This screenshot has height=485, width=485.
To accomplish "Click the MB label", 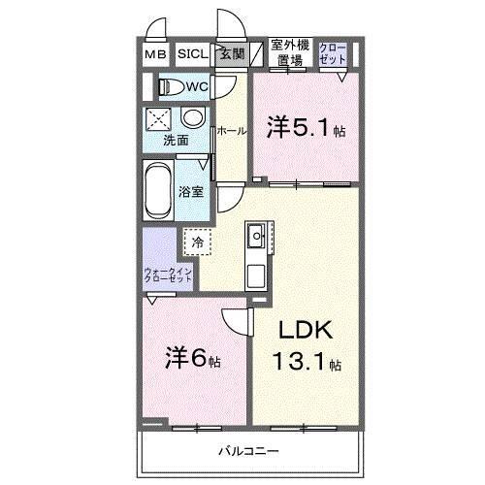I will [x=156, y=55].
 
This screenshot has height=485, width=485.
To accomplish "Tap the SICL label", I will [x=190, y=55].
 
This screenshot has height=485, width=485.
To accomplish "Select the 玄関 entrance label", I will [x=231, y=55].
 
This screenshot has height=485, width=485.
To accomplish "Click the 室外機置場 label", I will [x=289, y=52].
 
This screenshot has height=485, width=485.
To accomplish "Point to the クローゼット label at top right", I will [x=332, y=52].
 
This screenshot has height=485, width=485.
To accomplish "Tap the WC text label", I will [x=197, y=87].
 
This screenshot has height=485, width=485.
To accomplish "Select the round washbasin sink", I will [x=194, y=119].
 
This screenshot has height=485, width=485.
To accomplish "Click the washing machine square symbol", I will [x=158, y=119].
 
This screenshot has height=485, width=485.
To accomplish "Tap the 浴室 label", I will [x=192, y=191].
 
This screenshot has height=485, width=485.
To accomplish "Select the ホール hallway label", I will [x=230, y=130].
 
